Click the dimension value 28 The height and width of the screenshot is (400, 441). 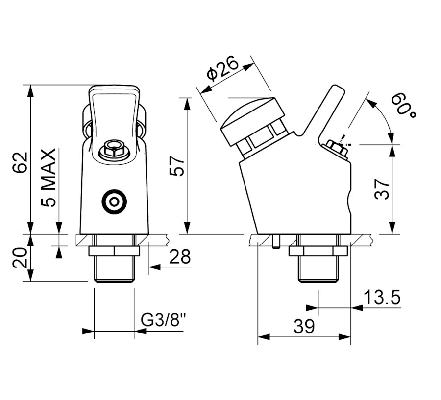pyautogui.click(x=179, y=257)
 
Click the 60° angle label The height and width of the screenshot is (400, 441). pyautogui.click(x=403, y=105)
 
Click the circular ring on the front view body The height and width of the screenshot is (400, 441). pyautogui.click(x=114, y=201)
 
